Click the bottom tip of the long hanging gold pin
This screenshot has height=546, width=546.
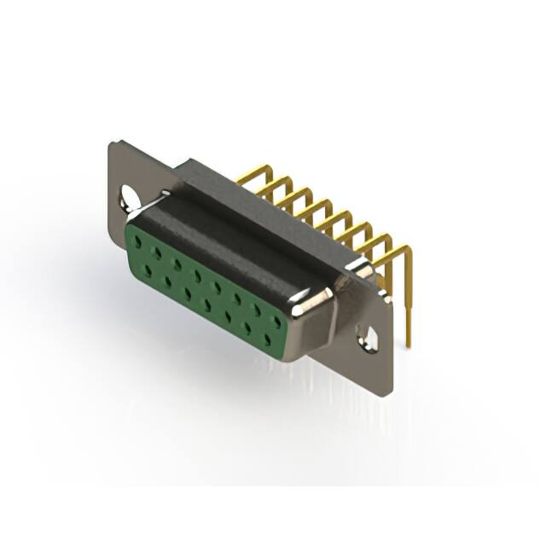point(408,345)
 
